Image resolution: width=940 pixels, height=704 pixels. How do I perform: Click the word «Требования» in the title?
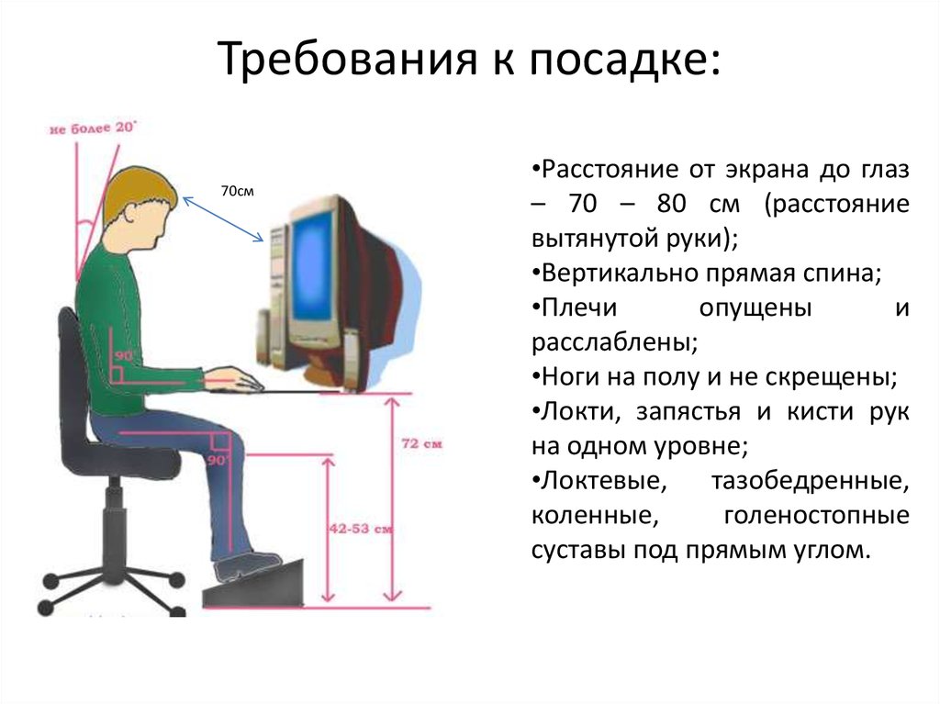tap(347, 58)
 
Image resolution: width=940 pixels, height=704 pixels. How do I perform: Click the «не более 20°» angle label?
tap(93, 128)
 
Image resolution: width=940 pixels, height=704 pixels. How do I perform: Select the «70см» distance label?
tap(238, 191)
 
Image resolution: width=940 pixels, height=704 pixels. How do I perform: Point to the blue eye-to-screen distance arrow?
tap(223, 219)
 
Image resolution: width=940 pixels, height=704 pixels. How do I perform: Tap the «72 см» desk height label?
tap(421, 443)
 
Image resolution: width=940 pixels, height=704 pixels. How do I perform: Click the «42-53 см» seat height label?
tap(360, 529)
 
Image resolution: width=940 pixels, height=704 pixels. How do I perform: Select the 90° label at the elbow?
tap(124, 355)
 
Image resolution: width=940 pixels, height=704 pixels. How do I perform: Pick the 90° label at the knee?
tap(218, 461)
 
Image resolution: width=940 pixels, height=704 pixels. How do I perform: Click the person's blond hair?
tap(137, 192)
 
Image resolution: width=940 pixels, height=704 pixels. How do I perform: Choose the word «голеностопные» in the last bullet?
tap(816, 516)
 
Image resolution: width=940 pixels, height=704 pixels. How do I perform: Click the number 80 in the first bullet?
tap(671, 204)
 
